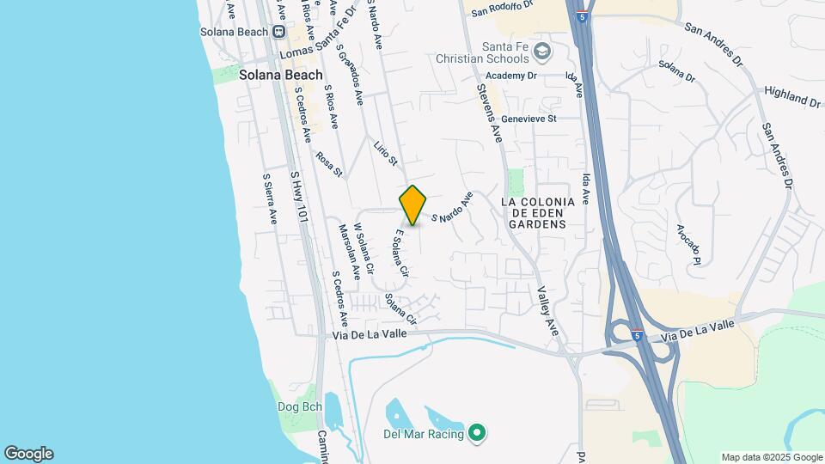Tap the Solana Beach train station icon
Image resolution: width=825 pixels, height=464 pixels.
pos(278,32)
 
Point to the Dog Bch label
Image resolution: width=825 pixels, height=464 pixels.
pos(298,406)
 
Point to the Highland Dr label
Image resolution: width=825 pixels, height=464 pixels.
pos(791,95)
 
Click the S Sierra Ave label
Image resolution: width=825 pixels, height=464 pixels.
pos(270,198)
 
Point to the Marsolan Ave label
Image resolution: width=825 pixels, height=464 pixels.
pos(349,252)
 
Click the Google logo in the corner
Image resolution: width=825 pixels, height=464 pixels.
pos(28,454)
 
